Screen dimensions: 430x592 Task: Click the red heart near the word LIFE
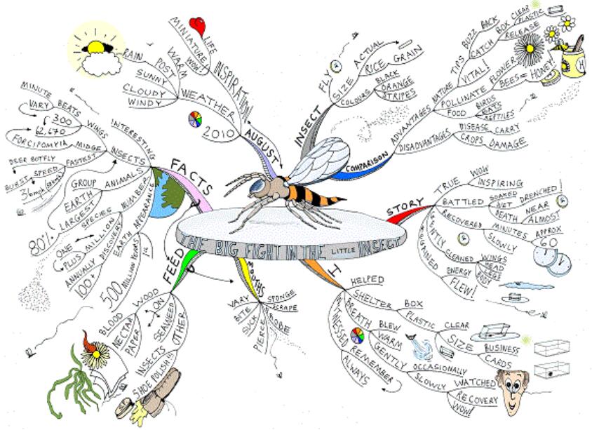[199, 26]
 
